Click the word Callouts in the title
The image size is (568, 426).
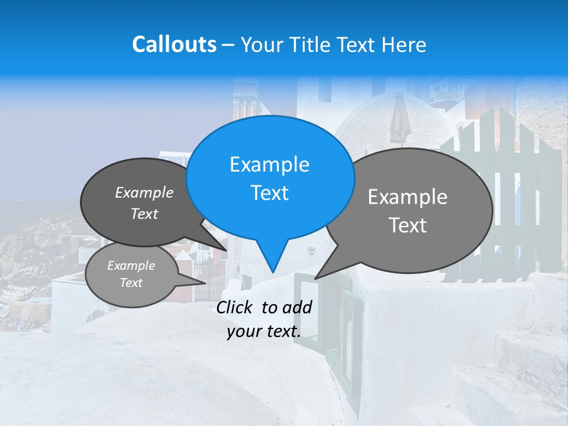pos(174,44)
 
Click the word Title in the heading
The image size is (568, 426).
pos(314,44)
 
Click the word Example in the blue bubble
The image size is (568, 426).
pos(270,164)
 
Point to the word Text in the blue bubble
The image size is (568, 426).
pos(270,193)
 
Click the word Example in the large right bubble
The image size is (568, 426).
pos(408,197)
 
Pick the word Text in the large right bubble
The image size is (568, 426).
pos(408,225)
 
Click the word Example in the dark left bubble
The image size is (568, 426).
pos(144,193)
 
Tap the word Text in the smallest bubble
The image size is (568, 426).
pos(131,283)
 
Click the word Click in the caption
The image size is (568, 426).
pos(236,307)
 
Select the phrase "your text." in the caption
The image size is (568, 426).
pos(264,332)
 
